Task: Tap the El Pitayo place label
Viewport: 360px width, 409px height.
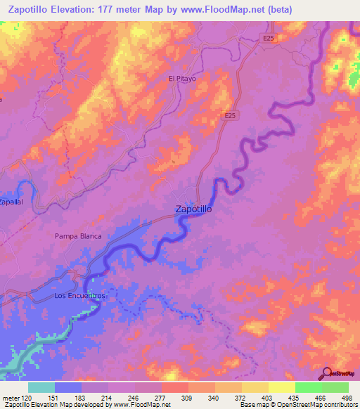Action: click(181, 79)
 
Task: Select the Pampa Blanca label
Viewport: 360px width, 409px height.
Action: click(78, 236)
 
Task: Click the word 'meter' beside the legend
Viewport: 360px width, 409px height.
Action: click(10, 398)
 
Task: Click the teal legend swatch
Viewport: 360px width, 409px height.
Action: click(41, 387)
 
